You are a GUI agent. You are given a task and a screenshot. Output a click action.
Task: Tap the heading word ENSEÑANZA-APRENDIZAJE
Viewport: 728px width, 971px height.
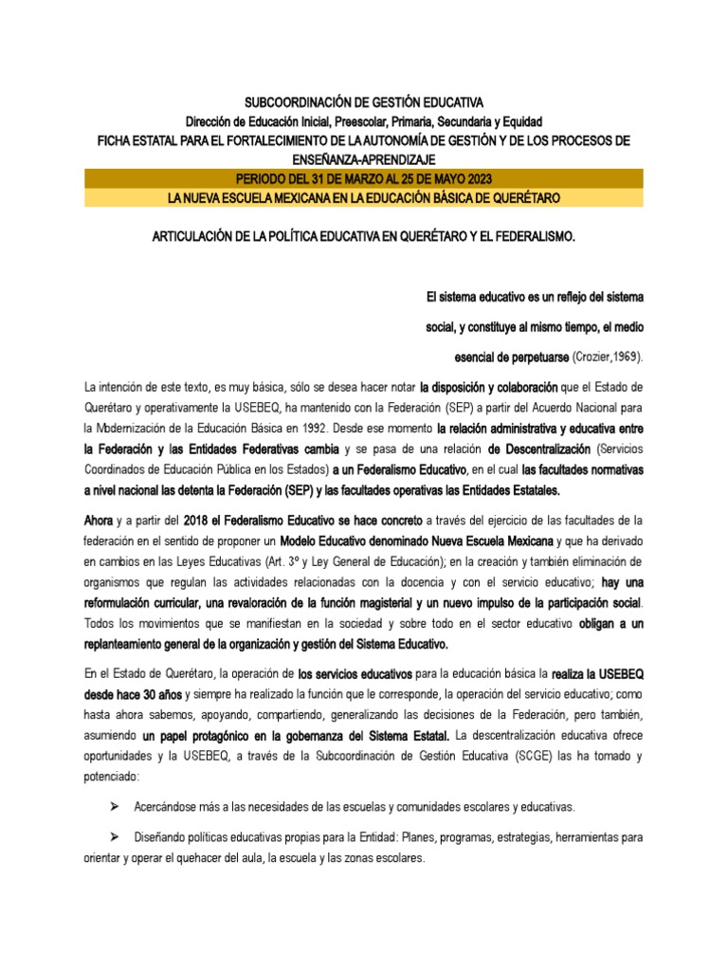coord(364,158)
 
